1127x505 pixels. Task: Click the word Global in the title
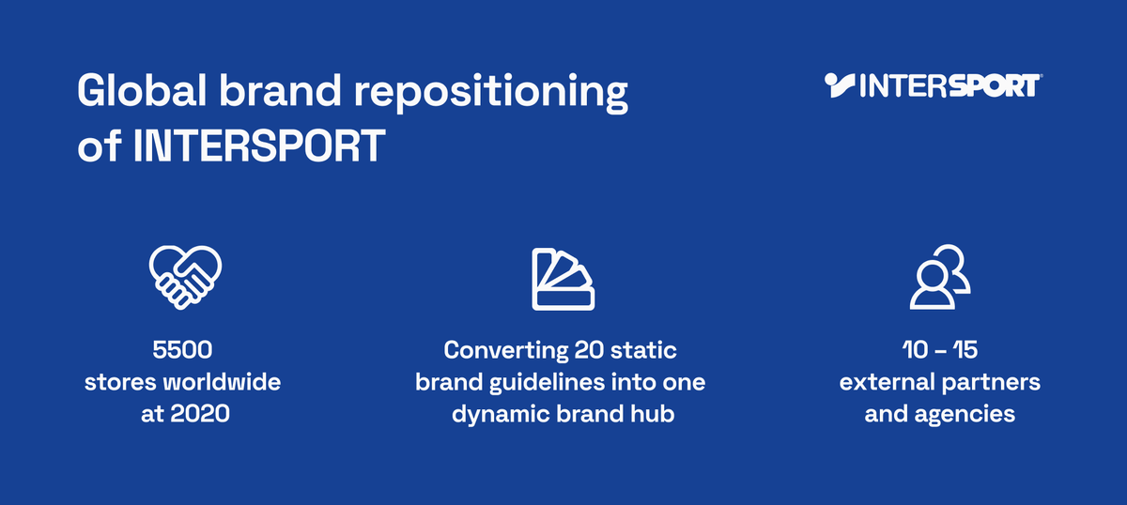[142, 90]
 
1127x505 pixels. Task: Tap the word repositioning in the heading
[491, 94]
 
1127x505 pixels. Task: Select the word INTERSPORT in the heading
[259, 145]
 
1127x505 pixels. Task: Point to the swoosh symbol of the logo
[840, 85]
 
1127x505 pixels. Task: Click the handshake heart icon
[185, 277]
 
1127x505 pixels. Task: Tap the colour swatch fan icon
[563, 279]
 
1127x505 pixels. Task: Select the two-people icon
[940, 277]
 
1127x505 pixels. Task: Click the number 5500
[182, 350]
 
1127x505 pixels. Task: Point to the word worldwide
[222, 382]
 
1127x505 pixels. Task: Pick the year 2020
[200, 414]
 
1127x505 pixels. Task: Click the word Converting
[505, 351]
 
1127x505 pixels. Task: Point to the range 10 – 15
[940, 350]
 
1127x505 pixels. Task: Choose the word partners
[990, 383]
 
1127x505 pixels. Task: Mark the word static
[643, 350]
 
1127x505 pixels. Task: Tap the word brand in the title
[280, 90]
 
